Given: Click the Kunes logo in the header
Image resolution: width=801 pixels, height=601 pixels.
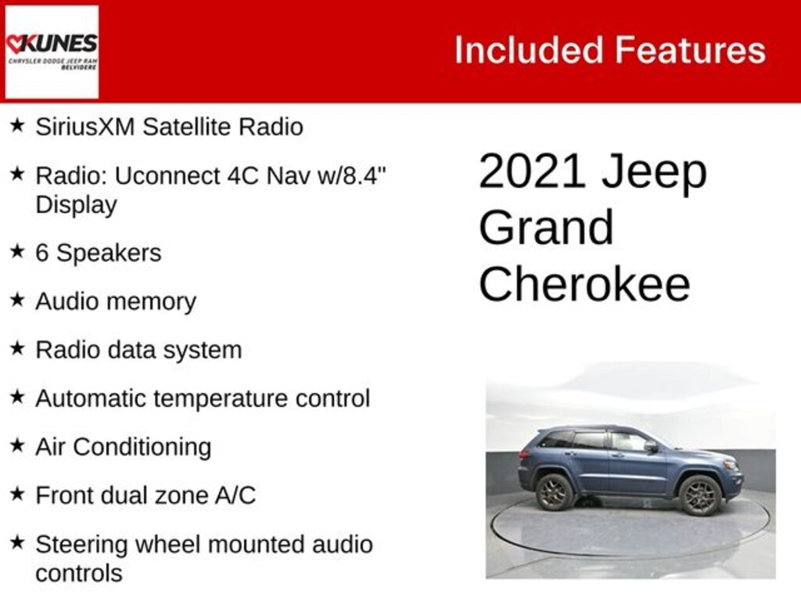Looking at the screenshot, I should pyautogui.click(x=52, y=52).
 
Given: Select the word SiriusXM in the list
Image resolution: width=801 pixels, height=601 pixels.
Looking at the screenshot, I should pyautogui.click(x=85, y=127).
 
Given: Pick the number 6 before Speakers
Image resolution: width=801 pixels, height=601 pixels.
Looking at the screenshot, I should pyautogui.click(x=42, y=254).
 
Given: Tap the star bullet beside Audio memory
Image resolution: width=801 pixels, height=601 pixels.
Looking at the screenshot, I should pyautogui.click(x=17, y=300).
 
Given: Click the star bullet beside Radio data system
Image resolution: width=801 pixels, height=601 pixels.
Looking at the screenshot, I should pyautogui.click(x=17, y=349).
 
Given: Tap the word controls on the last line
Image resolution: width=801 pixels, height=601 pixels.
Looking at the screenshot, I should pyautogui.click(x=79, y=573).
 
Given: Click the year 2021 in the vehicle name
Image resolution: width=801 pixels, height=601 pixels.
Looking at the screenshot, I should pyautogui.click(x=532, y=171).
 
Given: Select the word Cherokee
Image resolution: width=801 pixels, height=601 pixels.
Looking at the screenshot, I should pyautogui.click(x=584, y=285).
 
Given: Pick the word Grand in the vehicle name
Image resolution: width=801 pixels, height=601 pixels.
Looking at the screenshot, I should pyautogui.click(x=546, y=228).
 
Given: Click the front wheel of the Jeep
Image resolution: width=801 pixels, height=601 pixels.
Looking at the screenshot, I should pyautogui.click(x=699, y=495).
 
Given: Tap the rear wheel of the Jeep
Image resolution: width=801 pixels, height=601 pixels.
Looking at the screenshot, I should pyautogui.click(x=555, y=491).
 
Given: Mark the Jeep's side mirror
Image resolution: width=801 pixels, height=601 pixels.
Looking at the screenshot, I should pyautogui.click(x=651, y=446).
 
